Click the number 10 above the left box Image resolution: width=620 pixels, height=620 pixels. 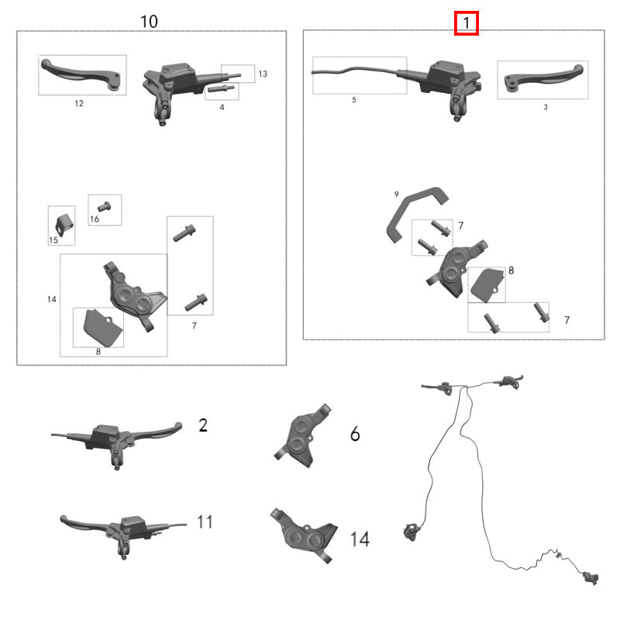pos(149,22)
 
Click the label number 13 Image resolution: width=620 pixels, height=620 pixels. pos(262,74)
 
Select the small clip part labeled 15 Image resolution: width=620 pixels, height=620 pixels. pos(61,222)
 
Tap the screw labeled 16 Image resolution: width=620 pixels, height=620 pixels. pos(105,207)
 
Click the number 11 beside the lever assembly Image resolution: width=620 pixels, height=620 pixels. pos(204,522)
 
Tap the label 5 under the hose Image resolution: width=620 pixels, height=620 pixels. pos(353,101)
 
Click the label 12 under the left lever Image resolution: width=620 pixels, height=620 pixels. pos(79,102)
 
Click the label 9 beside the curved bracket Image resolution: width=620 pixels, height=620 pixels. pos(396,194)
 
